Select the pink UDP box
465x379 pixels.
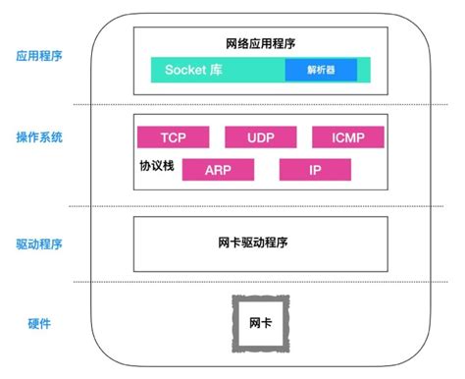pos(260,137)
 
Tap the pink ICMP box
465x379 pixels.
pos(346,137)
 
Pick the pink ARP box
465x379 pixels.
pos(218,170)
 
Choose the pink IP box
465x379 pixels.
pos(315,170)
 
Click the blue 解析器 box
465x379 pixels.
pos(321,71)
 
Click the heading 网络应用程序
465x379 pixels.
pos(260,44)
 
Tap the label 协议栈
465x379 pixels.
pos(156,167)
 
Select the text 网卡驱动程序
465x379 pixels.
pos(260,242)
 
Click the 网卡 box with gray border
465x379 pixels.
pos(260,323)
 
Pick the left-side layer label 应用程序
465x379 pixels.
pos(39,56)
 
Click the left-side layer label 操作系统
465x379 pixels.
pos(39,137)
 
